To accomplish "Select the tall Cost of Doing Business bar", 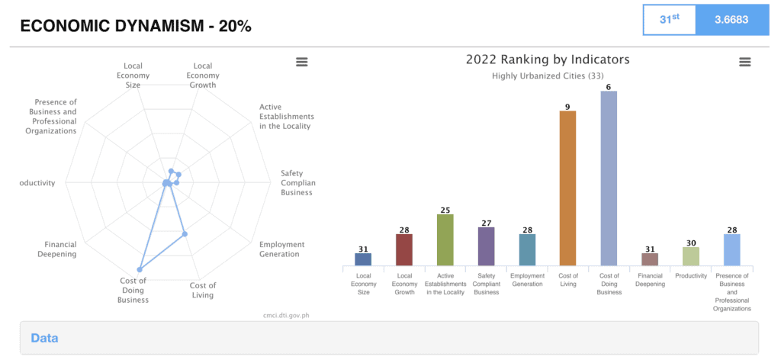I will (609, 178).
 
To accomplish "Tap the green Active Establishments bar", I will (445, 239).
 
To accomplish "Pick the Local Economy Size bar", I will (363, 259).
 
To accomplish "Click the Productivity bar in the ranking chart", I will (691, 256).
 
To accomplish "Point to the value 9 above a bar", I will (567, 106).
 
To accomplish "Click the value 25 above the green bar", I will (445, 210).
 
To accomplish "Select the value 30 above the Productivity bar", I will (691, 243).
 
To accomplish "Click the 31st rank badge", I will (669, 19).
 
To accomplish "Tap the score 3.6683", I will (731, 19).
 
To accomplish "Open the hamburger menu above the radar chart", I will (301, 62).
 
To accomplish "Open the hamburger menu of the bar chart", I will (745, 62).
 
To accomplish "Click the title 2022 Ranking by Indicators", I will (548, 59).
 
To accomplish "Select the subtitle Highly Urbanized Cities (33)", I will (548, 76).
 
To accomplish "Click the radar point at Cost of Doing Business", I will (140, 269).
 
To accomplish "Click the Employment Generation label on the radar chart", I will (281, 249).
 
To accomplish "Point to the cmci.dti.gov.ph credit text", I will (285, 314).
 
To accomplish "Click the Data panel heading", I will (44, 338).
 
